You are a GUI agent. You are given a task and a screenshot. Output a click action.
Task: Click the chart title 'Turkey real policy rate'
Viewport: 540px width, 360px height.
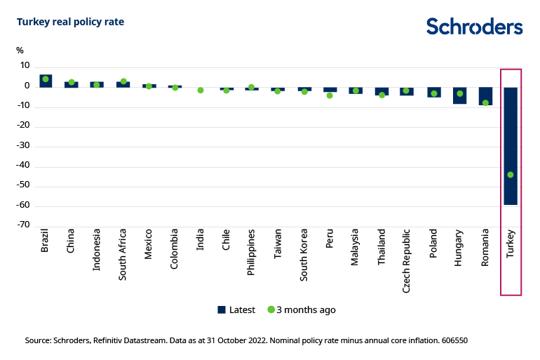pyautogui.click(x=70, y=22)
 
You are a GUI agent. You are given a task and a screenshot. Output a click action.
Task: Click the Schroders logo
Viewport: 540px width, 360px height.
pyautogui.click(x=474, y=27)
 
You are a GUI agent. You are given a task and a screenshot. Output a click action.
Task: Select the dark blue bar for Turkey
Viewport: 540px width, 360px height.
pyautogui.click(x=510, y=145)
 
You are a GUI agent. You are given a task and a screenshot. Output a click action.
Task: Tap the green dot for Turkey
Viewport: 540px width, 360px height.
pyautogui.click(x=510, y=175)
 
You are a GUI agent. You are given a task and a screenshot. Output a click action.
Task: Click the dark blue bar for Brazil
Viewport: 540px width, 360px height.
pyautogui.click(x=46, y=81)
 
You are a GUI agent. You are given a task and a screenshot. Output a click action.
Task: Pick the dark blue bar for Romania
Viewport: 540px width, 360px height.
pyautogui.click(x=485, y=96)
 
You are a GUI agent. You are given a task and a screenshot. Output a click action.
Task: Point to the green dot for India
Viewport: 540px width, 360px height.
pyautogui.click(x=201, y=91)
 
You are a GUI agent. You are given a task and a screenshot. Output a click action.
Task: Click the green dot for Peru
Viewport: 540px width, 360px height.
pyautogui.click(x=330, y=95)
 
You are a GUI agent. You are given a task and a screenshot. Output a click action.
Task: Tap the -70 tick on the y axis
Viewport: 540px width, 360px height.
pyautogui.click(x=24, y=226)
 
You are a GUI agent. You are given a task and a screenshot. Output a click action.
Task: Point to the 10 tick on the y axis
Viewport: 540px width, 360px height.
pyautogui.click(x=25, y=66)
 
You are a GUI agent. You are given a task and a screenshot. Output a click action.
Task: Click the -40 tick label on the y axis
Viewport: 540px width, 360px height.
pyautogui.click(x=24, y=166)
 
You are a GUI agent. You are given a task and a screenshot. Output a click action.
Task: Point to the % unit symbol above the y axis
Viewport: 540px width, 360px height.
pyautogui.click(x=20, y=51)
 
